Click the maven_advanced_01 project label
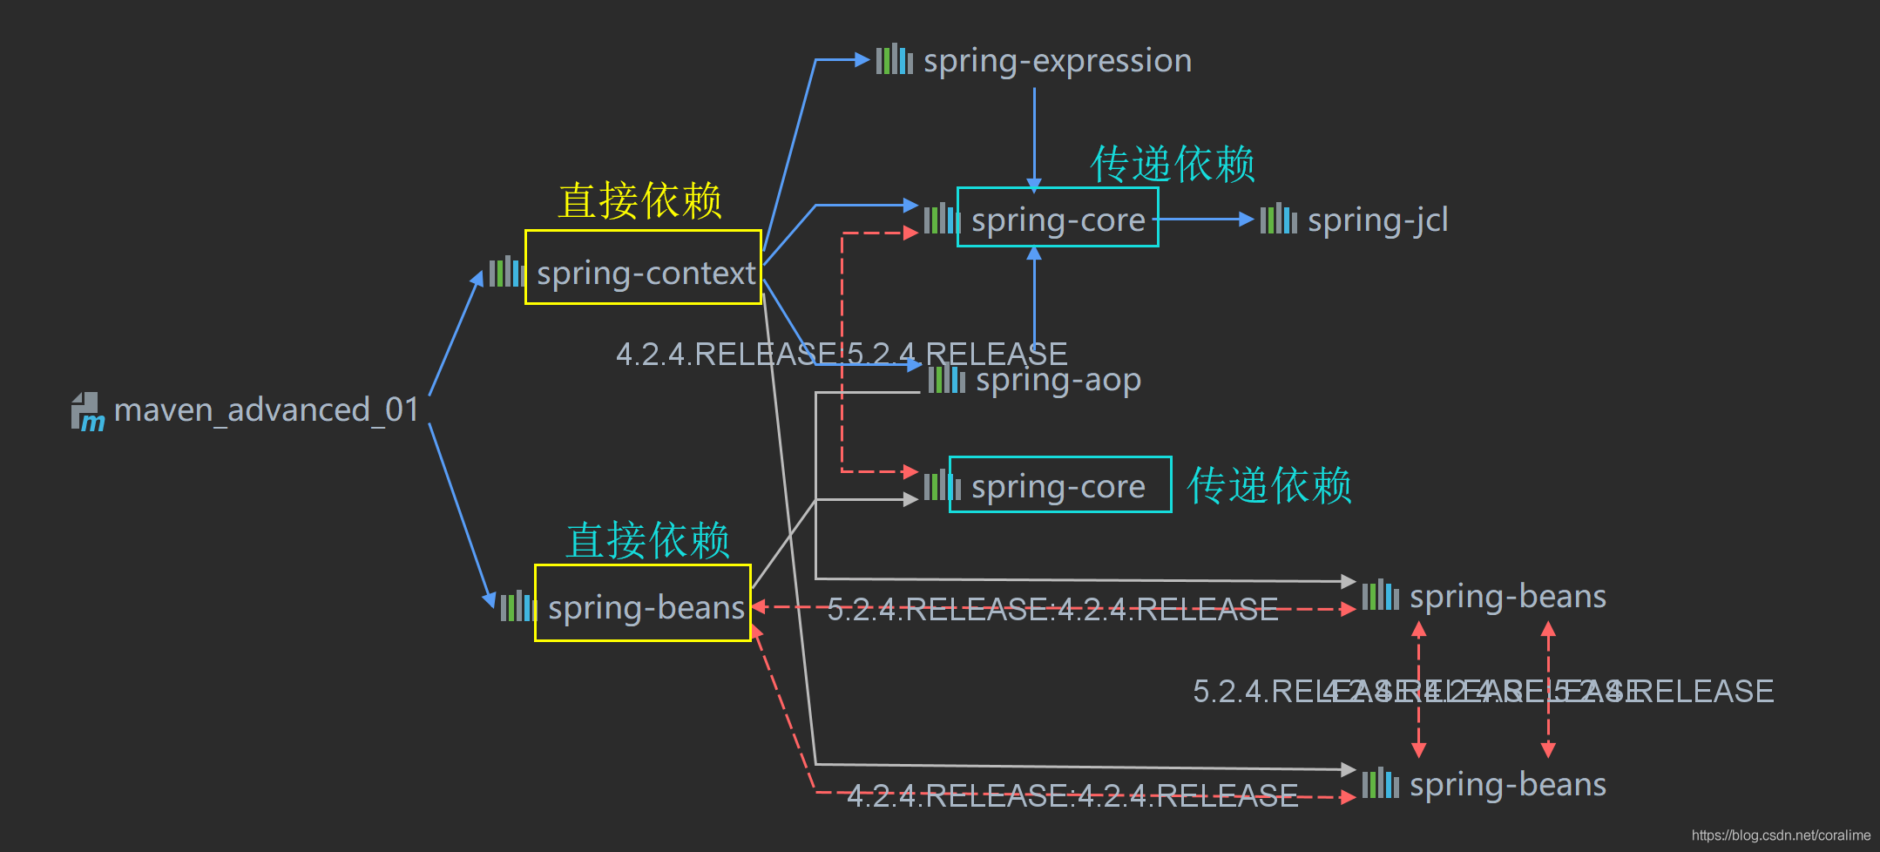point(266,409)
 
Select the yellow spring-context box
point(643,267)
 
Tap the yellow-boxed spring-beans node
point(643,603)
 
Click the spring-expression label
point(1057,61)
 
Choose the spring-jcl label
point(1377,220)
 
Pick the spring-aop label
point(1058,381)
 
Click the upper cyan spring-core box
point(1058,218)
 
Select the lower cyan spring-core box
point(1059,485)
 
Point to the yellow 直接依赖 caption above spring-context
point(640,200)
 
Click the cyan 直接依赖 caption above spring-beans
point(647,540)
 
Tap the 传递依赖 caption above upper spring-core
point(1173,164)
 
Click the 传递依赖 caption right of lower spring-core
point(1269,485)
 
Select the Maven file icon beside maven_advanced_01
point(87,411)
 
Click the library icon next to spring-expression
point(894,60)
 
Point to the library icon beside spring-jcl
point(1278,219)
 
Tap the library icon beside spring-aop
point(946,380)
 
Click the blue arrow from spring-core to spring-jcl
point(1207,219)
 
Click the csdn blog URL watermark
point(1781,835)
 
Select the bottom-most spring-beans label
point(1507,785)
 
